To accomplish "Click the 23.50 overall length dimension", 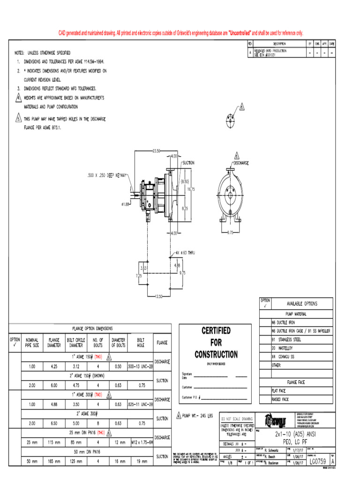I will pyautogui.click(x=156, y=150).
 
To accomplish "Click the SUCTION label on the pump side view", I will pyautogui.click(x=187, y=163).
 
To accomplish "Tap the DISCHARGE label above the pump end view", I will pyautogui.click(x=241, y=163).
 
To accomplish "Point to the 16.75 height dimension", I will pyautogui.click(x=190, y=189).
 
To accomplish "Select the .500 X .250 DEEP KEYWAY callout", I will pyautogui.click(x=107, y=175).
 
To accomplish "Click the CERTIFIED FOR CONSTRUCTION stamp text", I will pyautogui.click(x=216, y=342).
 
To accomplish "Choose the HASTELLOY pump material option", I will pyautogui.click(x=283, y=348).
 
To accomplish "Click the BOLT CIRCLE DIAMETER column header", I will pyautogui.click(x=75, y=342).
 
